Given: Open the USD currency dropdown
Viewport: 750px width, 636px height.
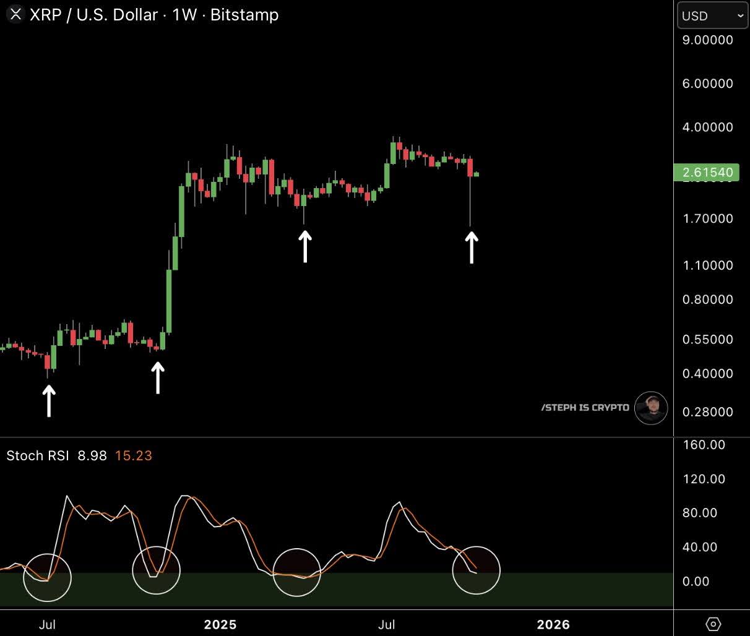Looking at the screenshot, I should [x=712, y=16].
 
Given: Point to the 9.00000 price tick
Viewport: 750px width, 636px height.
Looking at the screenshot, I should [x=707, y=40].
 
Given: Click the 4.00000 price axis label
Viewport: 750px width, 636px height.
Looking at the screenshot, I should [x=707, y=127].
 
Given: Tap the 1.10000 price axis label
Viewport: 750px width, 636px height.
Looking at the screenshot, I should [x=707, y=265].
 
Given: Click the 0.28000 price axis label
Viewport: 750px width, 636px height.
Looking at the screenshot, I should [x=707, y=412].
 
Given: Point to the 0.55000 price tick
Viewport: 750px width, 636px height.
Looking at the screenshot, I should [x=707, y=340].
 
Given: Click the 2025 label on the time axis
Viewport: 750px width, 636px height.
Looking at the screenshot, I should [x=220, y=624].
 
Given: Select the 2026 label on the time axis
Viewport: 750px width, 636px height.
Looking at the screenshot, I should [x=553, y=624].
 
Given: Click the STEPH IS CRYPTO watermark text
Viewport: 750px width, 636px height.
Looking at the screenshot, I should [x=585, y=408].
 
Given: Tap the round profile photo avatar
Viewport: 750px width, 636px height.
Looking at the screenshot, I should [x=651, y=408].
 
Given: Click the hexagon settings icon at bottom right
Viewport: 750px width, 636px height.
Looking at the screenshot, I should [x=713, y=624].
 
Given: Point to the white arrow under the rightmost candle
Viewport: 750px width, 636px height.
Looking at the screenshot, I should [x=472, y=247].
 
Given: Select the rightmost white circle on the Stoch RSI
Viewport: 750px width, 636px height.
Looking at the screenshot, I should [x=476, y=570].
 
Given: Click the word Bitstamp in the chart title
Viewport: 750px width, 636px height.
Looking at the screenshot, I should [x=244, y=15].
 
